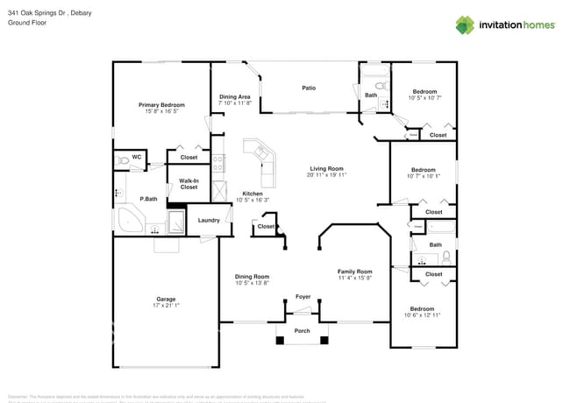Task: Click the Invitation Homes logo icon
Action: point(464,25)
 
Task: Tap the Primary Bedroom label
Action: point(161,105)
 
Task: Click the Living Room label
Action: point(326,168)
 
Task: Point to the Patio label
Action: point(309,88)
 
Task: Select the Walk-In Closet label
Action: point(189,184)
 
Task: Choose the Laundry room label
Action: point(209,220)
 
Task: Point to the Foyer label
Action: point(303,297)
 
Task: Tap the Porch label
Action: point(302,331)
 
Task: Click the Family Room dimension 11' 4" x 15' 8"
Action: point(355,278)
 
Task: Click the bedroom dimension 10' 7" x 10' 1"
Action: point(424,176)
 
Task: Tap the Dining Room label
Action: point(252,277)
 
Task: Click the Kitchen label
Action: point(252,194)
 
